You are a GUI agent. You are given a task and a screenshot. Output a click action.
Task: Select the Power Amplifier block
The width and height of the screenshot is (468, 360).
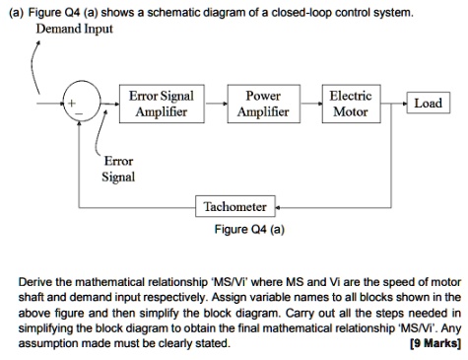(263, 104)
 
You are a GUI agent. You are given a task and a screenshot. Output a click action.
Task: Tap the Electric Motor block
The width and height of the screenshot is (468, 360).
(351, 104)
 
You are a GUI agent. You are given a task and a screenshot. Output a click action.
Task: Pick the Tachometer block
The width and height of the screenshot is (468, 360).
(234, 206)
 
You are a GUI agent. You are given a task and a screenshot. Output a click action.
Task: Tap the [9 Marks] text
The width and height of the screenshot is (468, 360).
(433, 344)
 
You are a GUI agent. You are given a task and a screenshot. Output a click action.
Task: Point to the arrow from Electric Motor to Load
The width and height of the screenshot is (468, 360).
(394, 103)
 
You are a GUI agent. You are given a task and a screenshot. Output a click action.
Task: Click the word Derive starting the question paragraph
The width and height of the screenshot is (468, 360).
(38, 281)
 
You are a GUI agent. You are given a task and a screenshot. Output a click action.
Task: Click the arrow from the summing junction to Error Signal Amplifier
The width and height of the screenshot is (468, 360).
(106, 103)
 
